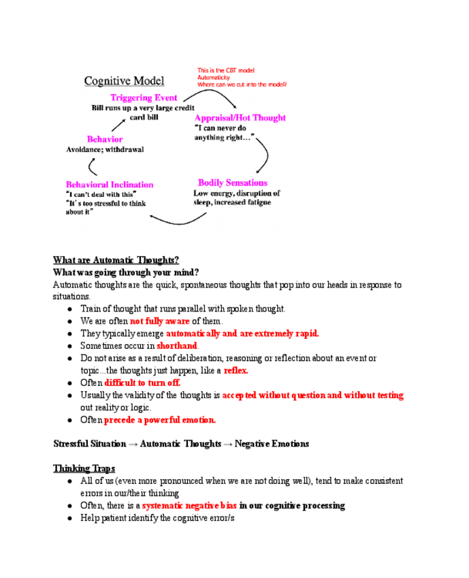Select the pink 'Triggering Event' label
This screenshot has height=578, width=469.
click(x=144, y=98)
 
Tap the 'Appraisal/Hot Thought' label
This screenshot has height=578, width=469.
click(x=240, y=118)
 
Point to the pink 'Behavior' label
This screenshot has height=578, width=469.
click(x=105, y=139)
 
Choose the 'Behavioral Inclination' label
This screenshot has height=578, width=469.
click(x=110, y=185)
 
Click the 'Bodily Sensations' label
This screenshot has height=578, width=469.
click(x=233, y=183)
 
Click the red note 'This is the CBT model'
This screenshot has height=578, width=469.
click(x=226, y=70)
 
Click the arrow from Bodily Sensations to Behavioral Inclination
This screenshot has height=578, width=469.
click(x=178, y=219)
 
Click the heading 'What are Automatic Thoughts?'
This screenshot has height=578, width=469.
click(x=116, y=260)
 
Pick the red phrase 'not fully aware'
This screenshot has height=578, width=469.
click(x=159, y=321)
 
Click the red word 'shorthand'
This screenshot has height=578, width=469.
click(x=177, y=346)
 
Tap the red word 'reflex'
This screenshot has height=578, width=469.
click(x=236, y=370)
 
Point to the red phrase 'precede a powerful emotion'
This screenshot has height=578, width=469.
click(x=159, y=420)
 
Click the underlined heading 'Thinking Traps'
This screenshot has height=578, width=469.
click(x=84, y=468)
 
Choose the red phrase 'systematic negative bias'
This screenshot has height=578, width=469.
click(x=189, y=506)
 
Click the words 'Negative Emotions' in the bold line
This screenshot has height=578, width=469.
click(x=272, y=444)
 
